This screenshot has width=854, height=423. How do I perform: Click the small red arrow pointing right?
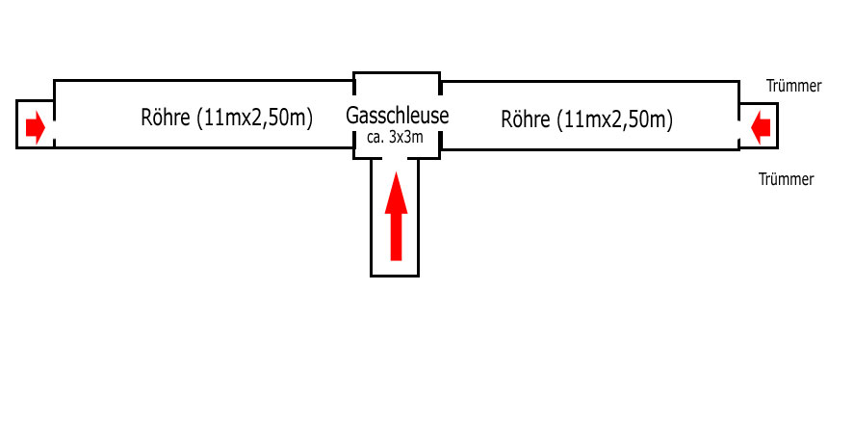pyautogui.click(x=35, y=126)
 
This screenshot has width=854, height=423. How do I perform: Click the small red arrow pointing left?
pyautogui.click(x=761, y=125)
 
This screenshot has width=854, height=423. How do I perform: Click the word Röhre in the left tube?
pyautogui.click(x=165, y=119)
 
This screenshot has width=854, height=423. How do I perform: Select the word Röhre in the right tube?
pyautogui.click(x=526, y=119)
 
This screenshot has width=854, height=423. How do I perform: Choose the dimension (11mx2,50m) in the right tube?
pyautogui.click(x=614, y=119)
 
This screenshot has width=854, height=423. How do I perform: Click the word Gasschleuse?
pyautogui.click(x=397, y=117)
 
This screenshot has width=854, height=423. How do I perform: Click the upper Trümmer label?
pyautogui.click(x=793, y=86)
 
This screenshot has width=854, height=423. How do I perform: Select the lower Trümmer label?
pyautogui.click(x=786, y=179)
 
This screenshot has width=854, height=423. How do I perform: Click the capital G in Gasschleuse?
pyautogui.click(x=352, y=117)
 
